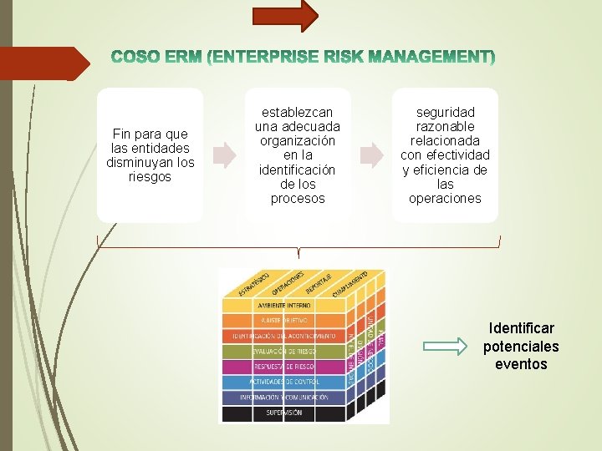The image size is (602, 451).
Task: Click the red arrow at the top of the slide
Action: (285, 15)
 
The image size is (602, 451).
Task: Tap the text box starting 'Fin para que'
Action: (150, 155)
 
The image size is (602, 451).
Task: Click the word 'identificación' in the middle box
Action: (298, 170)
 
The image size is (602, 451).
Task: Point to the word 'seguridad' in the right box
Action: (445, 112)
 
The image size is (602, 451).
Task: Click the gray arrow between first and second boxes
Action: (224, 155)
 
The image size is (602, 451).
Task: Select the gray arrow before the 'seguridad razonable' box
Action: (370, 155)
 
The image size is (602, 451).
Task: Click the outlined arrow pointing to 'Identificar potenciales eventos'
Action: (447, 344)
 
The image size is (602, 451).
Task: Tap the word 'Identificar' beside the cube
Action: (521, 328)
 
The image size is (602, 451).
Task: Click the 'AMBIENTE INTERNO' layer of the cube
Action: (283, 306)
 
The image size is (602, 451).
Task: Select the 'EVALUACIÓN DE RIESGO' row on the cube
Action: (283, 352)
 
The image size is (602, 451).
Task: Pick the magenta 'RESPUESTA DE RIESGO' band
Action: (283, 367)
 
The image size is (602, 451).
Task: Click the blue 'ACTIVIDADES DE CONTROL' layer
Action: (283, 382)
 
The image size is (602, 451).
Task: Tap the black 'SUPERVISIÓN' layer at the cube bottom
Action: (283, 413)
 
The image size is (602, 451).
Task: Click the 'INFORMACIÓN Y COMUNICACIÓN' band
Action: (283, 398)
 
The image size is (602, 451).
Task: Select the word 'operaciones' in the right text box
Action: (445, 199)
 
